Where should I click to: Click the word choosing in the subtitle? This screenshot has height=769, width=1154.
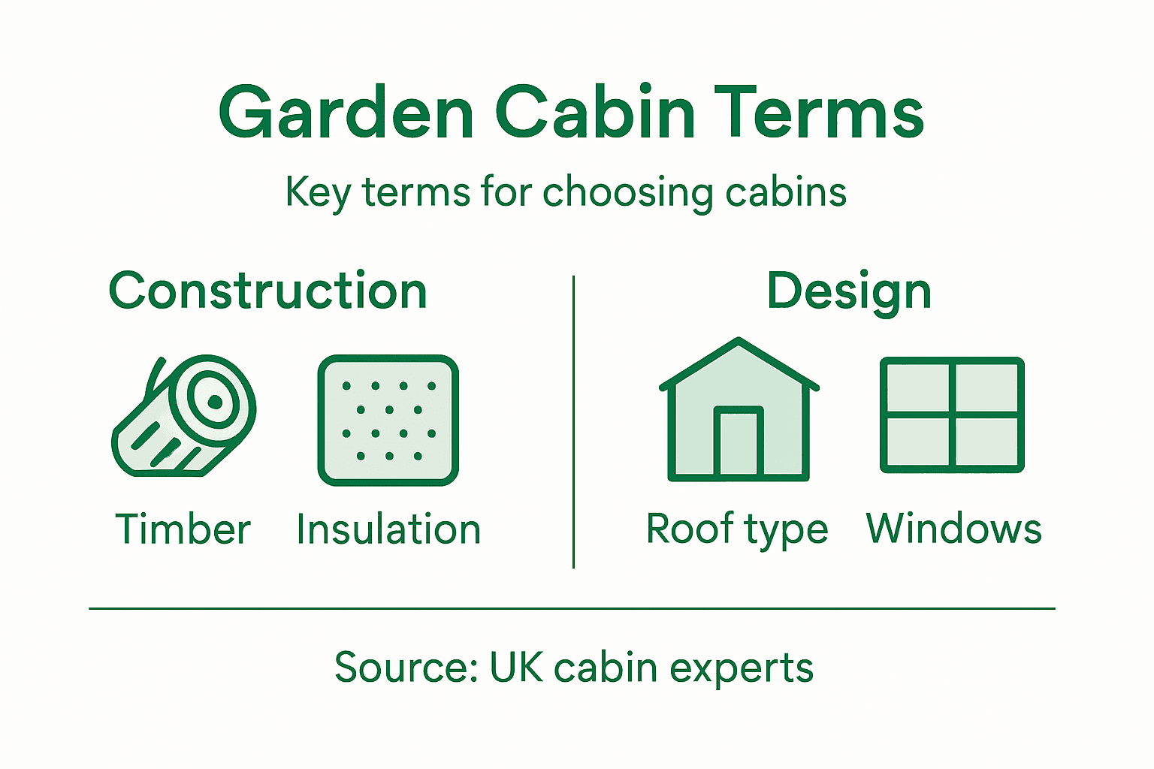coord(627,193)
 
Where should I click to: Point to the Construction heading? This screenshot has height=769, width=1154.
coord(268,291)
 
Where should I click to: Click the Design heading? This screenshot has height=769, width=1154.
coord(849,291)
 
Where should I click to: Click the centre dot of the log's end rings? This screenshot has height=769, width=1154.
coord(215,402)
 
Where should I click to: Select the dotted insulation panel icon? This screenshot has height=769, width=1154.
coord(388,420)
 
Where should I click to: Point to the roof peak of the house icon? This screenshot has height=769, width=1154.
coord(739,342)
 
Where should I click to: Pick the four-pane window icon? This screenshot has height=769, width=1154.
coord(952,415)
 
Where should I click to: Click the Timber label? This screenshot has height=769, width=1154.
coord(183,529)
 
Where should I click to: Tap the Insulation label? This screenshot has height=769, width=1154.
coord(388,529)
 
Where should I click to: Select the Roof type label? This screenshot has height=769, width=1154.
coord(737,531)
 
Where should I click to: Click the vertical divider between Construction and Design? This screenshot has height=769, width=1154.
coord(573,421)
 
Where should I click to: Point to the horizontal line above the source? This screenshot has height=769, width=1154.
coord(572,608)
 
